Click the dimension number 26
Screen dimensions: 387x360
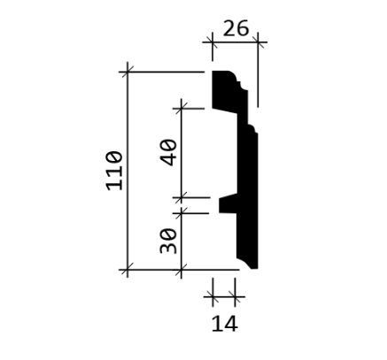pyautogui.click(x=236, y=28)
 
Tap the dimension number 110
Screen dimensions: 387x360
pyautogui.click(x=114, y=171)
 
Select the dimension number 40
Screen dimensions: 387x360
pyautogui.click(x=168, y=152)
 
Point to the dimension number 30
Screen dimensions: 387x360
pyautogui.click(x=168, y=241)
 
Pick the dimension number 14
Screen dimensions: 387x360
pyautogui.click(x=225, y=324)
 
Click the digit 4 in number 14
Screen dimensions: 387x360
pyautogui.click(x=230, y=324)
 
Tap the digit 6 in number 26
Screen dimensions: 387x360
pyautogui.click(x=243, y=28)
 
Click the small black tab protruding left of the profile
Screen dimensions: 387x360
pyautogui.click(x=228, y=203)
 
